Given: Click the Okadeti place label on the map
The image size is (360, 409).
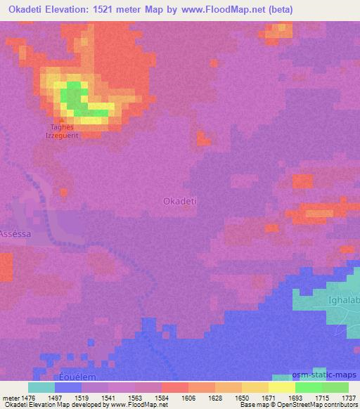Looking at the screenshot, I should (179, 201).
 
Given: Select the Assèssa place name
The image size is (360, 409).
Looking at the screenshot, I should (14, 233).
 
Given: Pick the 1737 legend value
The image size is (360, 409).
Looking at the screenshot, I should (347, 397).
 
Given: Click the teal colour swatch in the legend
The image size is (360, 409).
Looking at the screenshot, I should (41, 387).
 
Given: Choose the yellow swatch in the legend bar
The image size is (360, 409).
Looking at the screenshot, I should (281, 387).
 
